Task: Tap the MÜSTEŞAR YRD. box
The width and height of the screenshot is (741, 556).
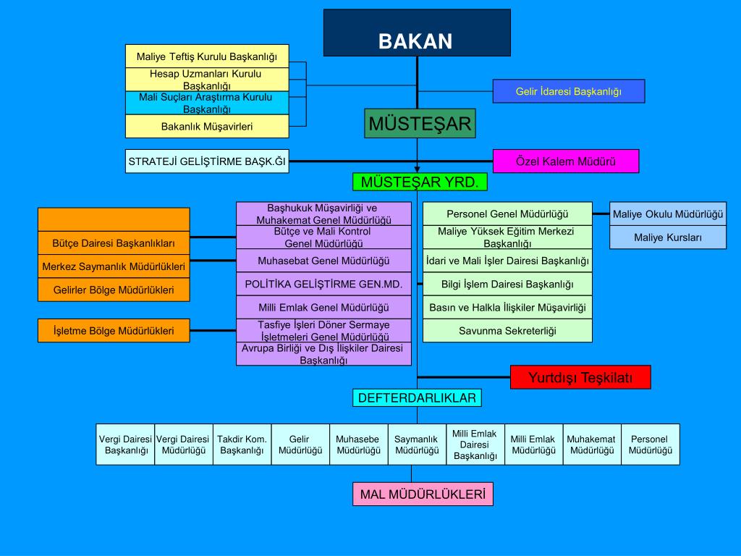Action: [x=420, y=182]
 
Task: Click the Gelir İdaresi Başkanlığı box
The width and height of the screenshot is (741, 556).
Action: [x=569, y=91]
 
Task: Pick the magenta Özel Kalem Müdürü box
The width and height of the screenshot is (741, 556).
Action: [x=566, y=161]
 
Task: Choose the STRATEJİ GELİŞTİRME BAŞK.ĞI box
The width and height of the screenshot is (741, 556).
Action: [x=207, y=161]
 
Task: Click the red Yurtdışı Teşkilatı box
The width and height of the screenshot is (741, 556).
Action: [x=580, y=377]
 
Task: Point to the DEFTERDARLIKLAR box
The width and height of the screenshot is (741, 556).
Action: [x=417, y=397]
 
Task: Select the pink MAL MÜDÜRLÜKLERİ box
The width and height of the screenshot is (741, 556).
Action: [x=423, y=494]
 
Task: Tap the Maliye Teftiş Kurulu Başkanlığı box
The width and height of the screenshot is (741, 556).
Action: [x=206, y=56]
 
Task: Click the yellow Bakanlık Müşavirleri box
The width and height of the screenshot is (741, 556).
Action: [x=206, y=126]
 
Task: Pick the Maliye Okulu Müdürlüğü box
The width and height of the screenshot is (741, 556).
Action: [x=667, y=214]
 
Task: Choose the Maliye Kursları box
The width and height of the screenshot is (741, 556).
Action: [x=667, y=237]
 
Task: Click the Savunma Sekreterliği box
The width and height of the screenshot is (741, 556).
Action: [x=507, y=330]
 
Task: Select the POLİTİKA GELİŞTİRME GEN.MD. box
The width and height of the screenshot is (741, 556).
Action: [x=323, y=284]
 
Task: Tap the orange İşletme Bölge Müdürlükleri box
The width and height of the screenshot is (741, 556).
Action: [x=114, y=330]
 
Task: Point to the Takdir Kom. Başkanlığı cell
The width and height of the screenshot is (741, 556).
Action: [x=242, y=444]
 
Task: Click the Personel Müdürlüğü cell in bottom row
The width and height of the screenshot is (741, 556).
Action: [x=650, y=444]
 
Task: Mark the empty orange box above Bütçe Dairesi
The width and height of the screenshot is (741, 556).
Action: [x=114, y=219]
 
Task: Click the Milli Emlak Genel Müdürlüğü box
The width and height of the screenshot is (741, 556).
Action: [x=323, y=307]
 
